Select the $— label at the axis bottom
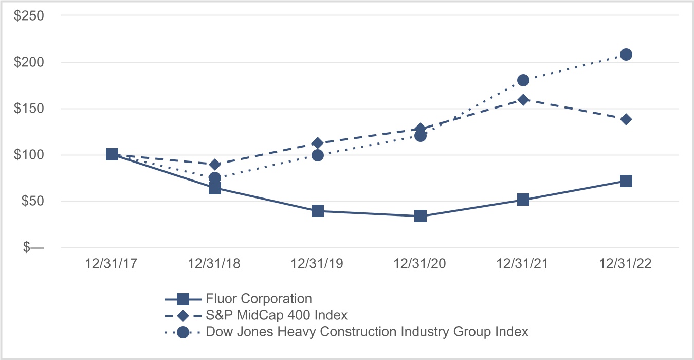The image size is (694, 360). pyautogui.click(x=32, y=248)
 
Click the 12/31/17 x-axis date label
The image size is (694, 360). pyautogui.click(x=112, y=264)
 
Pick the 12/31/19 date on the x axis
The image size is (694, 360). pyautogui.click(x=318, y=264)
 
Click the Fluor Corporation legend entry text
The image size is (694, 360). pyautogui.click(x=259, y=299)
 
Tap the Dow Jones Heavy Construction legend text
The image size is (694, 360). pyautogui.click(x=367, y=332)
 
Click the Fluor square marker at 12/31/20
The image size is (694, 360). pyautogui.click(x=421, y=216)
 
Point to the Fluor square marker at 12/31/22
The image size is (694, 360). pyautogui.click(x=626, y=181)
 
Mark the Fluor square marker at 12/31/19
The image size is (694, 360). pyautogui.click(x=318, y=211)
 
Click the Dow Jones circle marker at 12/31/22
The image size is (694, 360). pyautogui.click(x=626, y=55)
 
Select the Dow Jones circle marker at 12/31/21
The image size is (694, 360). pyautogui.click(x=523, y=80)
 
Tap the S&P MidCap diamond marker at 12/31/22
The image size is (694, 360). pyautogui.click(x=626, y=119)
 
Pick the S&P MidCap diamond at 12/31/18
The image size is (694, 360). pyautogui.click(x=215, y=165)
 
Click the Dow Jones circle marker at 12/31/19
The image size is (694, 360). pyautogui.click(x=318, y=155)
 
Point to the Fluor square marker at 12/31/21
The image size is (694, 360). pyautogui.click(x=523, y=200)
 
